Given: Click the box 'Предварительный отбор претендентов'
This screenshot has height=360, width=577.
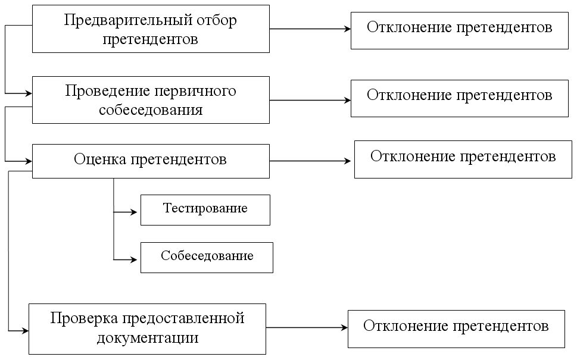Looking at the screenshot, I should click(x=151, y=29).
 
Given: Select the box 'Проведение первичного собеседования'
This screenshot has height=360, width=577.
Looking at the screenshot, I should click(x=151, y=100).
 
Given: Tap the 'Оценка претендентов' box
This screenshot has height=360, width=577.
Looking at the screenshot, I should click(x=151, y=161).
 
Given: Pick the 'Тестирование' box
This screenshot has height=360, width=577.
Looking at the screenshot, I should click(x=205, y=210).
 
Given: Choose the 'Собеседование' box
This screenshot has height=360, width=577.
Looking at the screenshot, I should click(x=207, y=257).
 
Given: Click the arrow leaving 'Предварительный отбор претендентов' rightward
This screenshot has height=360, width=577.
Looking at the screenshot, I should click(x=310, y=29).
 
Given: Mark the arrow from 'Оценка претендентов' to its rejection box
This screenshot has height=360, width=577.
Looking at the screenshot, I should click(x=311, y=161).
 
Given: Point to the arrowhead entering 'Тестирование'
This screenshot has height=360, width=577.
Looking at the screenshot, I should click(x=136, y=211).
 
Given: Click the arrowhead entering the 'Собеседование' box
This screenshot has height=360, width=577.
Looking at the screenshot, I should click(x=136, y=259).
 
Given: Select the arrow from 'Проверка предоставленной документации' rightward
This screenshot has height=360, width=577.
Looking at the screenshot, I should click(x=307, y=327).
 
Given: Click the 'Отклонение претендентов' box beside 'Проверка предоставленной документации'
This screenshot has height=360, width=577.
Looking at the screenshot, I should click(x=456, y=328).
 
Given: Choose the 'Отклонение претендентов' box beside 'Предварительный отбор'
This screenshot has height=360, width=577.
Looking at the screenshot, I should click(x=459, y=28).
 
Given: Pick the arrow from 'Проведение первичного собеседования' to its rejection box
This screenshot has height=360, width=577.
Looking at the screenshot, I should click(x=310, y=100).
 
